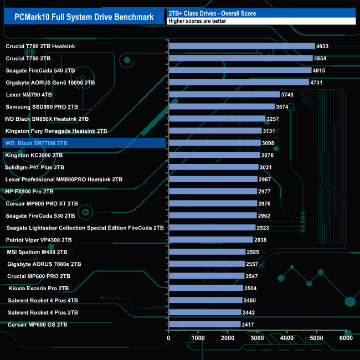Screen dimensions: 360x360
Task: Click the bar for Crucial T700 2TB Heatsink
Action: [241, 47]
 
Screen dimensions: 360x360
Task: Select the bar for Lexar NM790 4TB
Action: [224, 95]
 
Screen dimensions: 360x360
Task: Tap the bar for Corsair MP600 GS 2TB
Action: [204, 325]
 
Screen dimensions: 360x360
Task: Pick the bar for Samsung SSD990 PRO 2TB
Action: [222, 107]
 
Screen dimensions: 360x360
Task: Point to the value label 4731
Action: [317, 83]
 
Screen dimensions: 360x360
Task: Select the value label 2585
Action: [254, 252]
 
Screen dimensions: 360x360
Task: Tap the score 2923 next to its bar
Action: [264, 228]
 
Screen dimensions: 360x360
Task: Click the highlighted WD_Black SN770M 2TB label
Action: [37, 143]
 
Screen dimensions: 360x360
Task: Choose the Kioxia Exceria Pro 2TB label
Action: [39, 289]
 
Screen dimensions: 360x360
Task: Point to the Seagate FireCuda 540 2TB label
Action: [40, 71]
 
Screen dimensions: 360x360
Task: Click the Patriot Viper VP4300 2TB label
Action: [39, 240]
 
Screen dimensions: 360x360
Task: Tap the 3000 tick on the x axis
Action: [257, 338]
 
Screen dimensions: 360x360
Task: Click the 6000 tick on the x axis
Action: [346, 338]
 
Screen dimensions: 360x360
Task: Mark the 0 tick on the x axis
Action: [168, 338]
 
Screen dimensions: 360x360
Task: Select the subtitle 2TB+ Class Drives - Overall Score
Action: [213, 13]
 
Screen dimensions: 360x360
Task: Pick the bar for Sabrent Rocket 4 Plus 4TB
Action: [205, 300]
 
